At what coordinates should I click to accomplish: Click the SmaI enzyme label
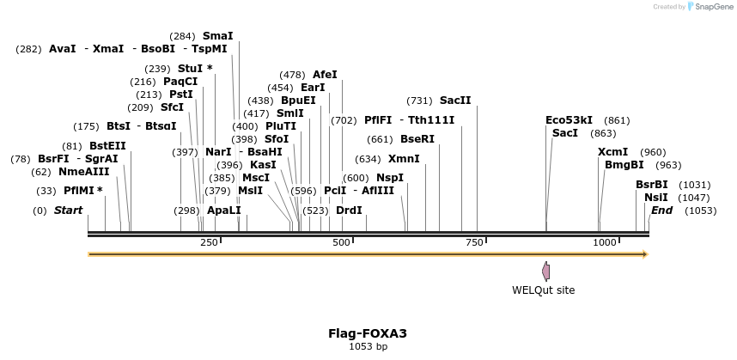pos(217,36)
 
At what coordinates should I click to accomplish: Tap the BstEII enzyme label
pos(107,146)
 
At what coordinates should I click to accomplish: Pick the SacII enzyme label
pos(455,101)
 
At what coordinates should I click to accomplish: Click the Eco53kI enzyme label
pos(569,120)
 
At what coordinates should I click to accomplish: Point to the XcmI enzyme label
pos(612,152)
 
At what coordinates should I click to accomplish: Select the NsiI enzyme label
pos(655,198)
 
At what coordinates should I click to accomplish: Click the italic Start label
pos(69,211)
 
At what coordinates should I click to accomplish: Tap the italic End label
pos(661,211)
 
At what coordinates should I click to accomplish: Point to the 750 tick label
pos(476,242)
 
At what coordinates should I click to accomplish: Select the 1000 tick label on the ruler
pos(605,242)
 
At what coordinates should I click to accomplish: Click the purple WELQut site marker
pos(545,271)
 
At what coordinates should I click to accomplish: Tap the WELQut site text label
pos(543,290)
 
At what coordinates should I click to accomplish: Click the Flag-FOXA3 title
pos(368,333)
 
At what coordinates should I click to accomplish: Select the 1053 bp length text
pos(368,347)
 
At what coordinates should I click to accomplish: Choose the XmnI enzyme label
pos(404,159)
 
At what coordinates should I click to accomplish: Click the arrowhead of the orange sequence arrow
pos(645,254)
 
